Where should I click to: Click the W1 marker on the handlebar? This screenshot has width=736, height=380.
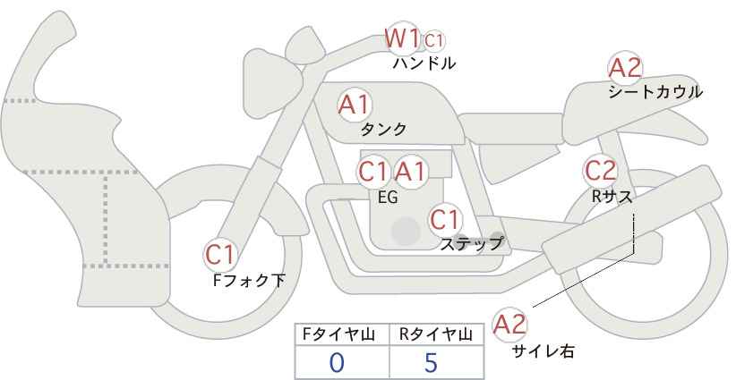(402, 38)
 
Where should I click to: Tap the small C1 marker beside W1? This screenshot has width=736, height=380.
(433, 41)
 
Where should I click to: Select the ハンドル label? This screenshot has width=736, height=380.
(424, 63)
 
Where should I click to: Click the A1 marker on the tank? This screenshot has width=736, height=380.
(355, 105)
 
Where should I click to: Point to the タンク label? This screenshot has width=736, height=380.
(383, 129)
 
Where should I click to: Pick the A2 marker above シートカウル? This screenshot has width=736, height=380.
(625, 69)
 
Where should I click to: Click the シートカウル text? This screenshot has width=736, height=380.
(655, 92)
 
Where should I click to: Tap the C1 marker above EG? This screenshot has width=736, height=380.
(373, 172)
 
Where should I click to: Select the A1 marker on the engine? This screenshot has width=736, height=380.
(410, 172)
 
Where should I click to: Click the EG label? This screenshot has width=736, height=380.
(388, 198)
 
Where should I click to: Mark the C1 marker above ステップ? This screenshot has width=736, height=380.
(446, 219)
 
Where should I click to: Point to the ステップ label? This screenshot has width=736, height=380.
(472, 244)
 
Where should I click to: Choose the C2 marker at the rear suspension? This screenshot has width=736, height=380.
(600, 171)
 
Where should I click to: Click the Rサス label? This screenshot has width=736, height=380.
(612, 197)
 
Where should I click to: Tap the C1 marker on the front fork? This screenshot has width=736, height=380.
(220, 255)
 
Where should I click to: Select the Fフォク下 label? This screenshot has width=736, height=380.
(249, 280)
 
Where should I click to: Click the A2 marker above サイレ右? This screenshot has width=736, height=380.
(509, 325)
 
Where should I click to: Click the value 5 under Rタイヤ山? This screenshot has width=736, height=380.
(431, 362)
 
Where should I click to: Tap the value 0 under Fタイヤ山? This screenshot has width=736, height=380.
(337, 362)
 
